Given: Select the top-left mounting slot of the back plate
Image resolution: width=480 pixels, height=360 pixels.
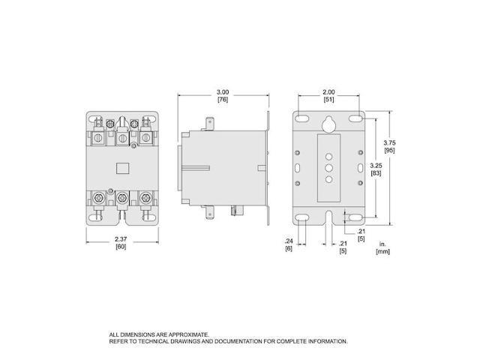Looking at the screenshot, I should (x=301, y=118).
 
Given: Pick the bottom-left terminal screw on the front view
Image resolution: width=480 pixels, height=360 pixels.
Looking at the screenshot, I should (x=99, y=199).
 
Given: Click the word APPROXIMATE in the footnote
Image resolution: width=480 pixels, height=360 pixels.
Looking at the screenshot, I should (x=181, y=334).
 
